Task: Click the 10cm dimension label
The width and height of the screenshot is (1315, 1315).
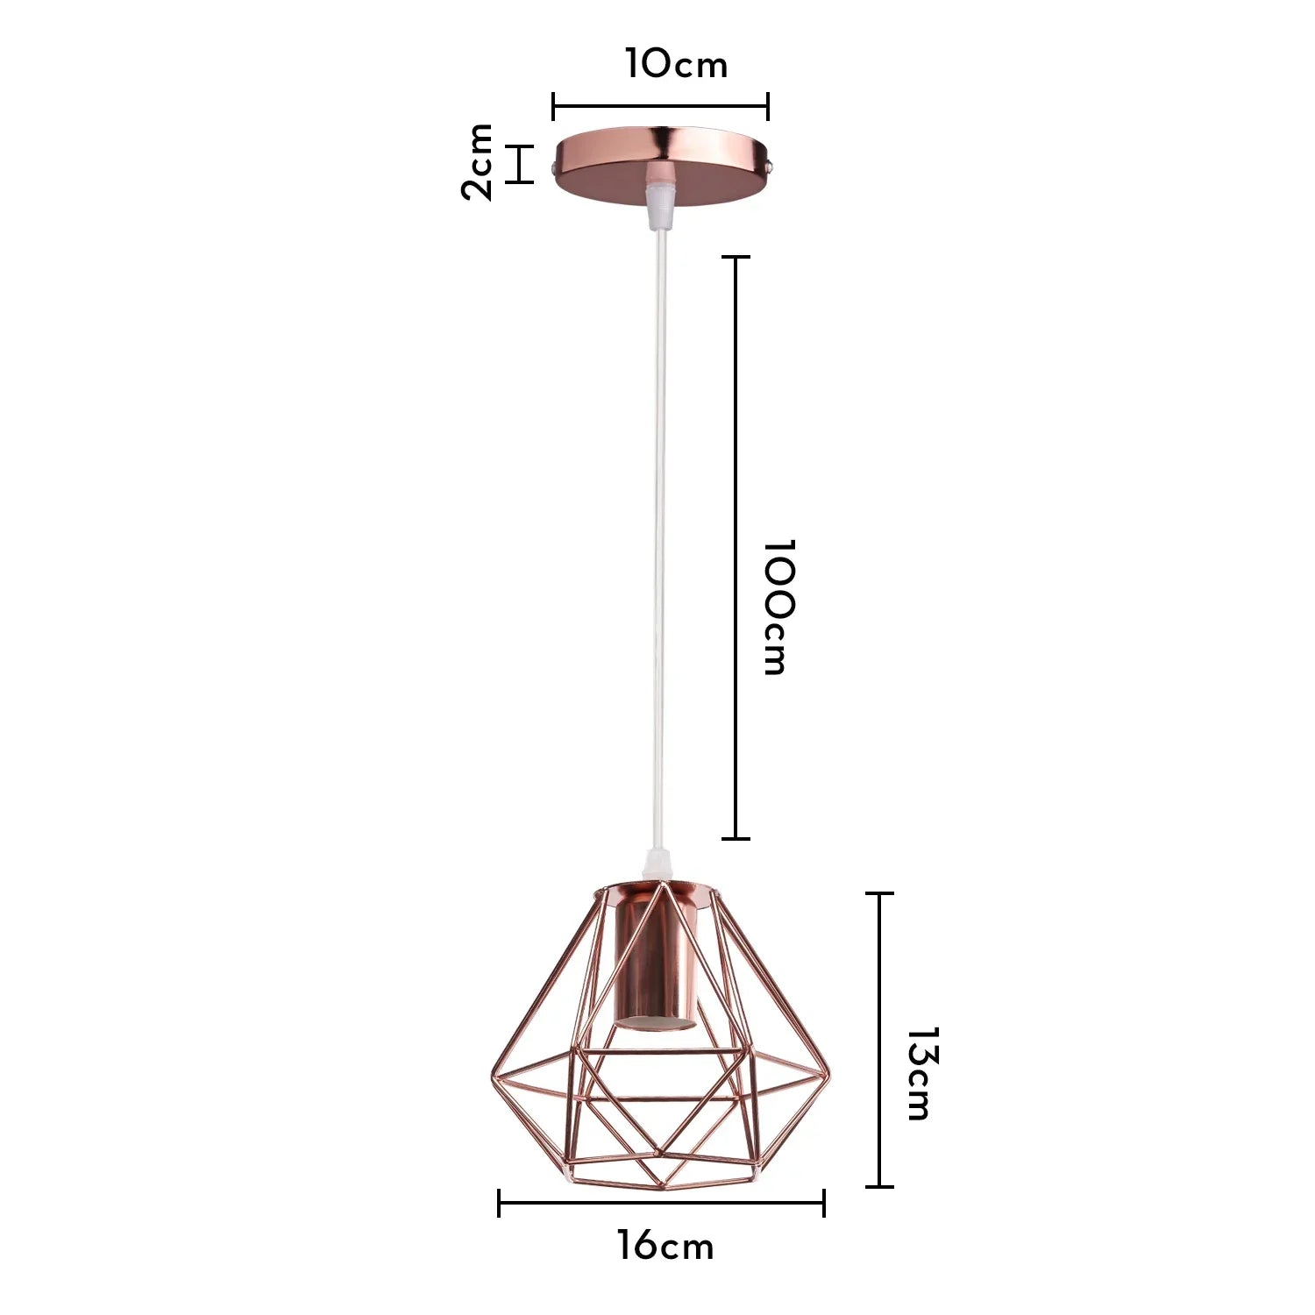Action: pyautogui.click(x=676, y=64)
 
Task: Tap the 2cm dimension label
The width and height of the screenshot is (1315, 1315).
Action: pyautogui.click(x=479, y=162)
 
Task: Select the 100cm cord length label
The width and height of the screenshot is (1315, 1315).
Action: pyautogui.click(x=776, y=607)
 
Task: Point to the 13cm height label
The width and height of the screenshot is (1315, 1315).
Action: pyautogui.click(x=920, y=1074)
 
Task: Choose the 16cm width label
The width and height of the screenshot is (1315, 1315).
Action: pyautogui.click(x=665, y=1246)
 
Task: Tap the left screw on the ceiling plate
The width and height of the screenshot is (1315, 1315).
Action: pyautogui.click(x=552, y=165)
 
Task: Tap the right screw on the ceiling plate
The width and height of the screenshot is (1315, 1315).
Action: pyautogui.click(x=769, y=164)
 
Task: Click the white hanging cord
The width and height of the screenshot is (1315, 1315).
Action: pyautogui.click(x=658, y=526)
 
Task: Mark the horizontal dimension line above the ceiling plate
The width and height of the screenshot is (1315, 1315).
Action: pyautogui.click(x=660, y=107)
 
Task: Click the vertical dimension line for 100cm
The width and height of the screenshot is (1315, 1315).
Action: pyautogui.click(x=736, y=548)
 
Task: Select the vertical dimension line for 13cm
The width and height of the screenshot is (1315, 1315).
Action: pyautogui.click(x=879, y=1040)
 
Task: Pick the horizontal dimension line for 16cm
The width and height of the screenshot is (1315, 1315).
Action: pyautogui.click(x=661, y=1203)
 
